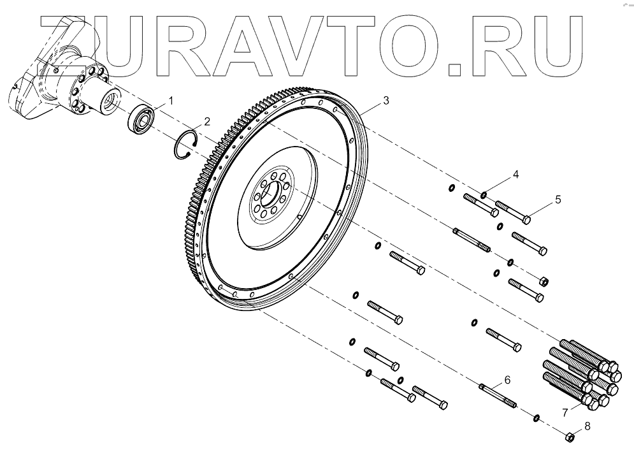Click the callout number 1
coord(170,99)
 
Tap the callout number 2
coord(206,121)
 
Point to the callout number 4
coord(516,173)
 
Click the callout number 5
coord(558,199)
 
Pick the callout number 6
coord(507,380)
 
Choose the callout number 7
coord(565,412)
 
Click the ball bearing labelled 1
coord(141,119)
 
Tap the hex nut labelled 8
coord(572,437)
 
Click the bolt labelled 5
coord(513,212)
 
